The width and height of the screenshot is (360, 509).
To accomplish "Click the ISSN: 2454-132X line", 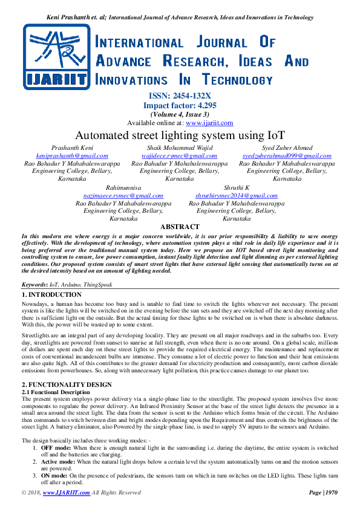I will coord(180,96).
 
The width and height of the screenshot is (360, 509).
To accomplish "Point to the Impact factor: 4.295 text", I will coord(180,105).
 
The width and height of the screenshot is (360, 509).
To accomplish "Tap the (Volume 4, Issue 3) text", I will coord(180,114).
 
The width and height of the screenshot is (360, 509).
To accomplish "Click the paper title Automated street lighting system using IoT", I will coord(180,135).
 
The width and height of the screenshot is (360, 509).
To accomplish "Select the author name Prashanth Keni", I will coord(71,148).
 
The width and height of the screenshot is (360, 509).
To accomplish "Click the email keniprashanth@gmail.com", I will coord(71,156).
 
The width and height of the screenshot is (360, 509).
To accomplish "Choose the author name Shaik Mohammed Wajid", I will coord(180,148).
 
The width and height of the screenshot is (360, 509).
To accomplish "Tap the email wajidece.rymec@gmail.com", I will coord(180,156).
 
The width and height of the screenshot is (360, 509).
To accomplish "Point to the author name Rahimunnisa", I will coord(123,188).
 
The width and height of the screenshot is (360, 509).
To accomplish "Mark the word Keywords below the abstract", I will coord(34,284).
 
